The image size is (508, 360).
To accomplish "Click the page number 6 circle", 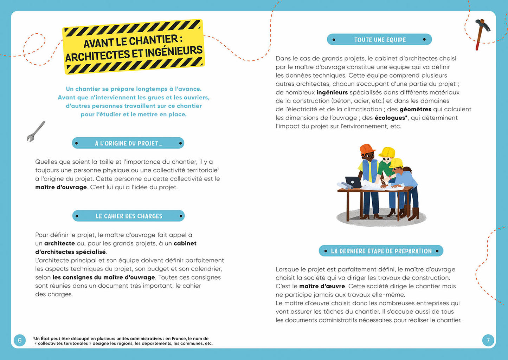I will click(20, 340).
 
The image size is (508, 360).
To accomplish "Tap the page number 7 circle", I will click(488, 340).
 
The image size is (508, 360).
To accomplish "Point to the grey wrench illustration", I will click(36, 131).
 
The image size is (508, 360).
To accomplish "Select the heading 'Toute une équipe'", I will click(380, 40).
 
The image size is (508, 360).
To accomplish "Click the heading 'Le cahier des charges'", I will click(129, 216).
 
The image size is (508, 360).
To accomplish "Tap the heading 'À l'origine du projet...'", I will click(128, 143).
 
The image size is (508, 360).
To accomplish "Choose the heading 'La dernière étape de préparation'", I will click(381, 251).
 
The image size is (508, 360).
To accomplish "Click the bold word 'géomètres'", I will click(415, 109).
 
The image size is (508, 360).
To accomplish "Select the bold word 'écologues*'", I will click(391, 118).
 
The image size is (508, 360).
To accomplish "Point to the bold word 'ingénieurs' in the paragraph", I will click(332, 92).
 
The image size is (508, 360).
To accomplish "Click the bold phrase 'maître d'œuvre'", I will click(322, 286).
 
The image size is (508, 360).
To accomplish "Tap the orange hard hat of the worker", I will click(367, 149).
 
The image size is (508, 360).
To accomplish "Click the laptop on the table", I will click(354, 182).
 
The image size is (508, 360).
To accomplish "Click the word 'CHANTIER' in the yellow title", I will click(153, 40).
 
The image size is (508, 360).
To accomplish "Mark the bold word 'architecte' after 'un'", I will click(59, 243).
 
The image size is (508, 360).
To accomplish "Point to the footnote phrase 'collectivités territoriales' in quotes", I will click(63, 343).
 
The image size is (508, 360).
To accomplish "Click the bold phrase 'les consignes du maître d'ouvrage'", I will click(104, 277).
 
